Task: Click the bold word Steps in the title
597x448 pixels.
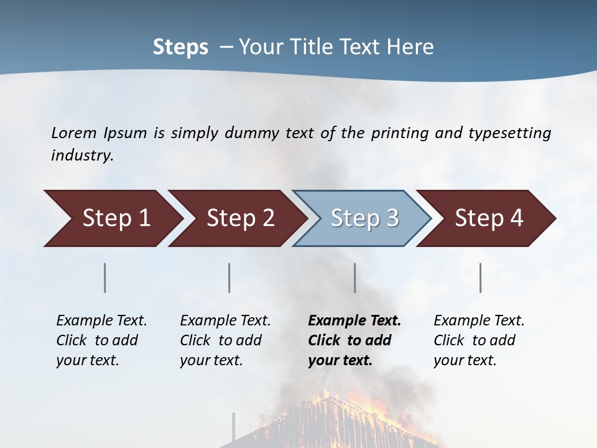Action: [x=180, y=47]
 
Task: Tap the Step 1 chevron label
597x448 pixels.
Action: [x=116, y=218]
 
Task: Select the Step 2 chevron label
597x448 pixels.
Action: [x=241, y=218]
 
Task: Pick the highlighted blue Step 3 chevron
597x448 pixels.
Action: [x=364, y=218]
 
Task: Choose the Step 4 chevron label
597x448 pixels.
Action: [x=489, y=218]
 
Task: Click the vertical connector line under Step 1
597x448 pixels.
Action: [x=105, y=278]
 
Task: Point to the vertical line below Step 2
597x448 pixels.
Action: [x=229, y=278]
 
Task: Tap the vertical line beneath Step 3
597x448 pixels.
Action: [x=355, y=278]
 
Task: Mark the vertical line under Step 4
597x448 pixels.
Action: [x=481, y=278]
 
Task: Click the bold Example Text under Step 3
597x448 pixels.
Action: [x=354, y=321]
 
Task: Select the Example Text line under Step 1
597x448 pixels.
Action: [x=101, y=321]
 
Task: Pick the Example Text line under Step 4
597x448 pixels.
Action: [x=479, y=321]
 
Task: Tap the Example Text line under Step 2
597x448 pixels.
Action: [x=225, y=321]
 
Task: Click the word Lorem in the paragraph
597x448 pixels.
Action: [x=74, y=133]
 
